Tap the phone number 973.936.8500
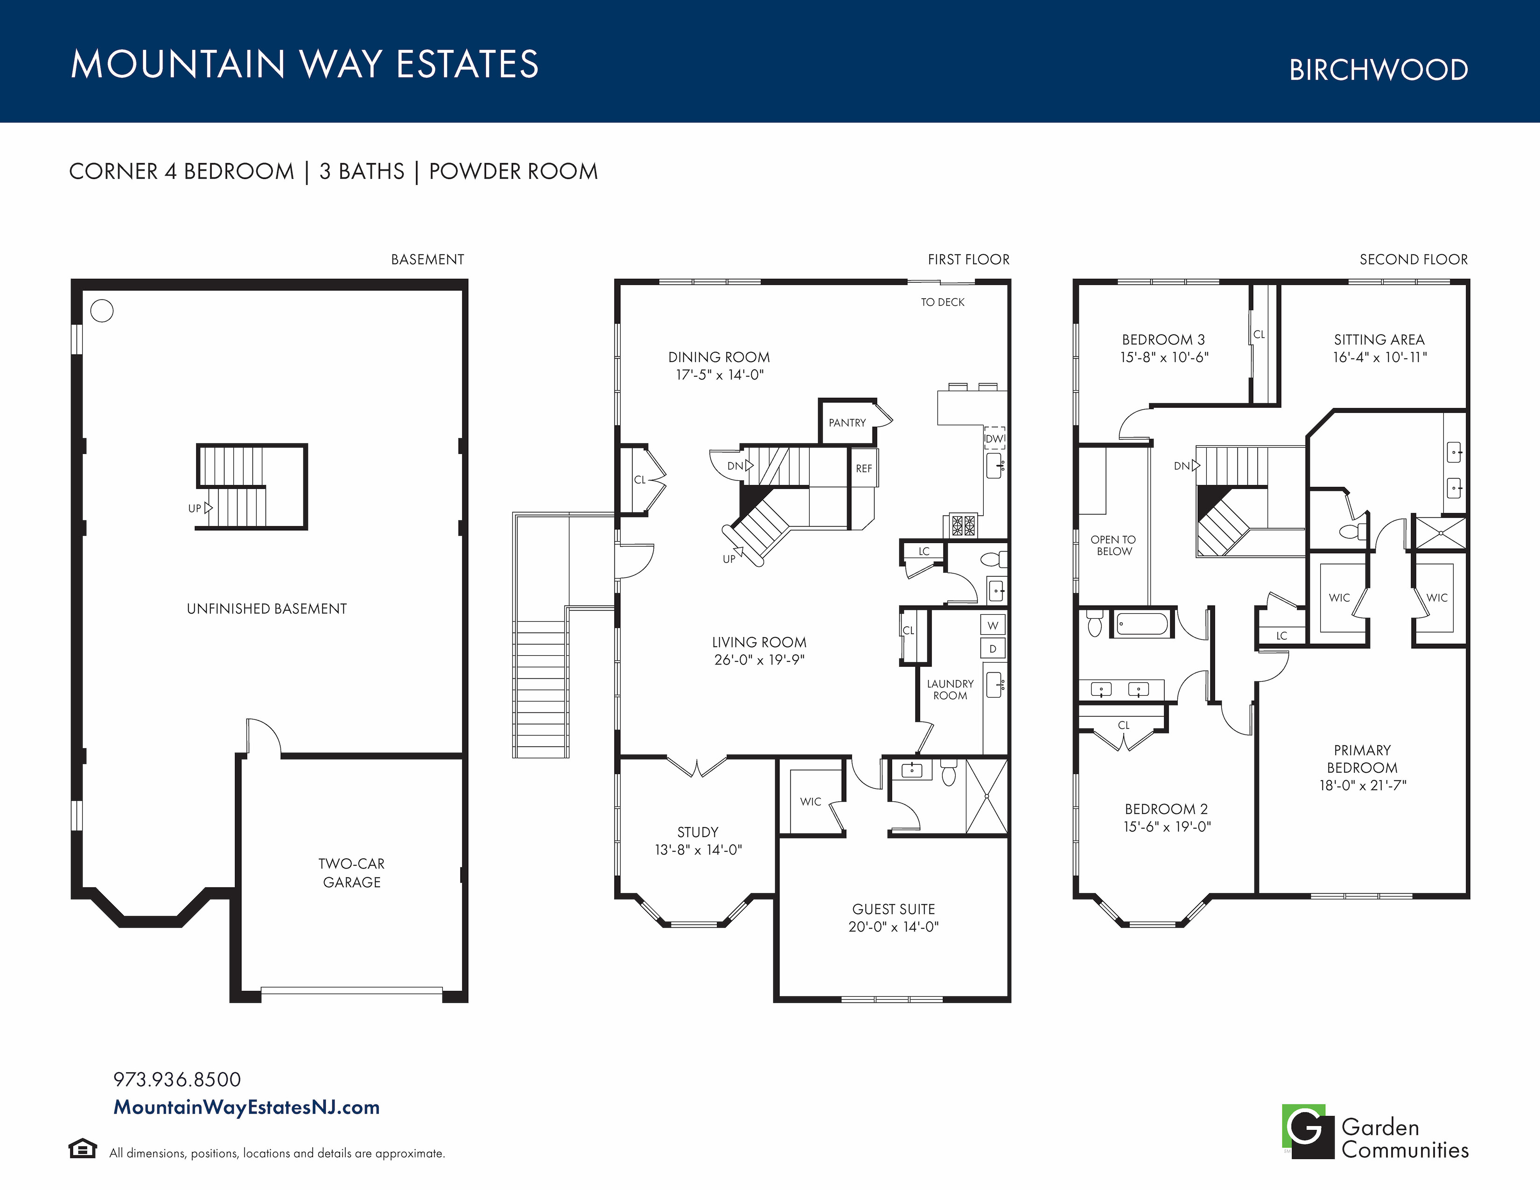click(177, 1079)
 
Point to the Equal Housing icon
click(83, 1148)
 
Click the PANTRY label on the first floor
click(847, 423)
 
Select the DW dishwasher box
click(994, 439)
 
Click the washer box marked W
click(993, 625)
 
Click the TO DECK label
click(943, 302)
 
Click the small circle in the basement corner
click(102, 311)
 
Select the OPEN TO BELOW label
click(1113, 545)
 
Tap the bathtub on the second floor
click(1142, 624)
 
